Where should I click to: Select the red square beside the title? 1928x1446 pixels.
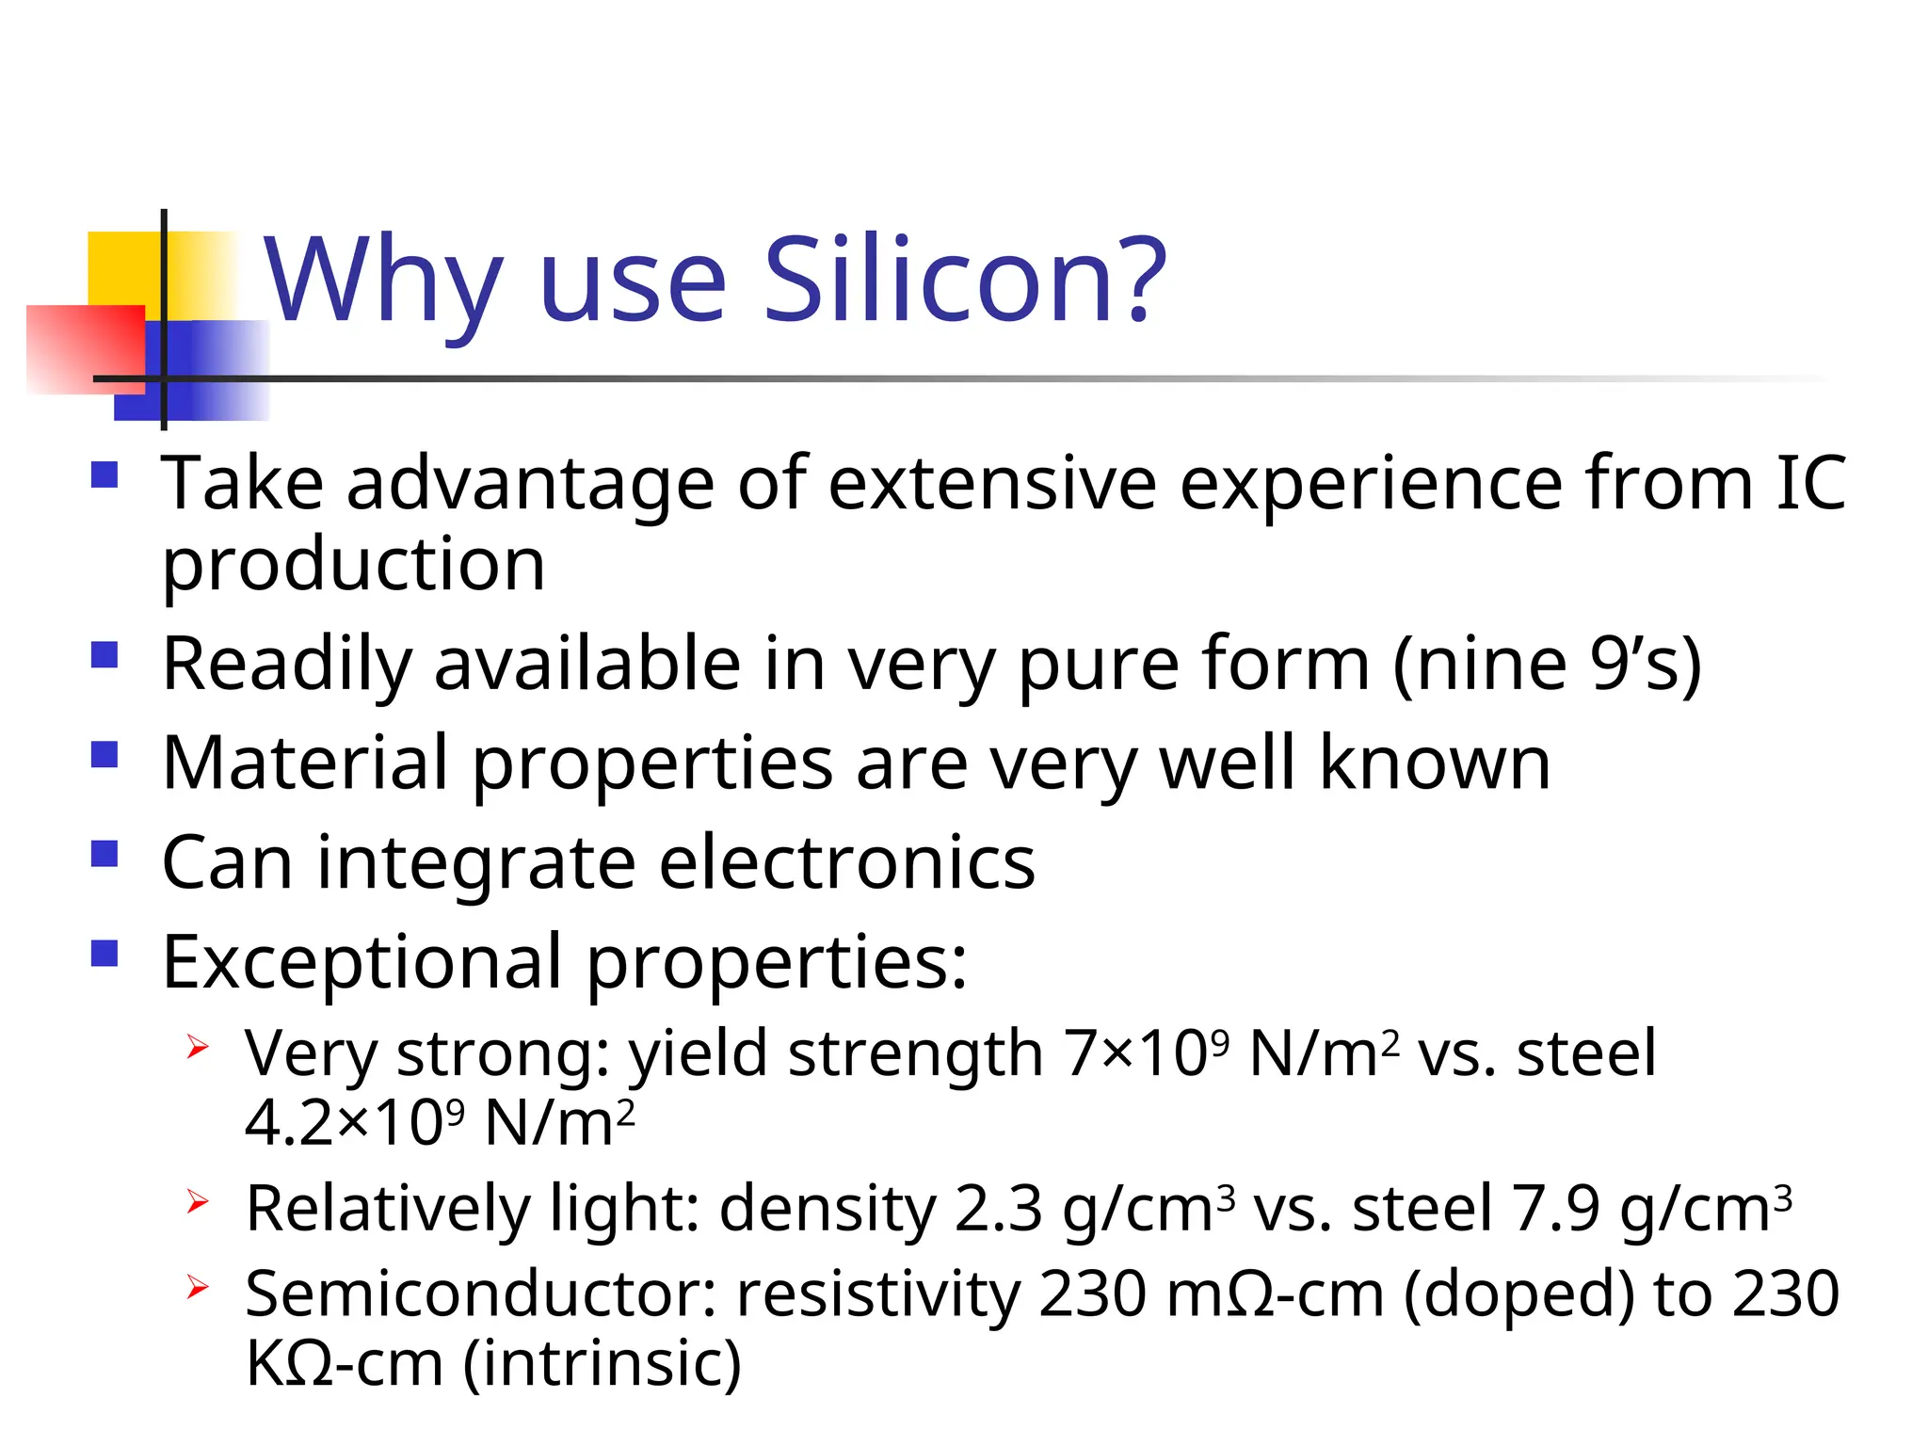[x=85, y=348]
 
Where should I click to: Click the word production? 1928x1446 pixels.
[x=353, y=565]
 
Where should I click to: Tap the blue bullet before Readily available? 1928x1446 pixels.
[x=104, y=654]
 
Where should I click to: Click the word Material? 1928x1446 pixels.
[x=305, y=763]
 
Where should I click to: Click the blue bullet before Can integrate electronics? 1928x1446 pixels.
[x=104, y=853]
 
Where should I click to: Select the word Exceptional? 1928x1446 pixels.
[x=362, y=962]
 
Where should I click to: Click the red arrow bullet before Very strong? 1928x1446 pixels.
[x=197, y=1047]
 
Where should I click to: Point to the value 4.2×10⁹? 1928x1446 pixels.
[x=354, y=1122]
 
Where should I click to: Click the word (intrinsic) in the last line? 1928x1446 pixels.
[x=602, y=1363]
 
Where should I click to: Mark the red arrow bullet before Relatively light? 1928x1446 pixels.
[x=197, y=1202]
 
